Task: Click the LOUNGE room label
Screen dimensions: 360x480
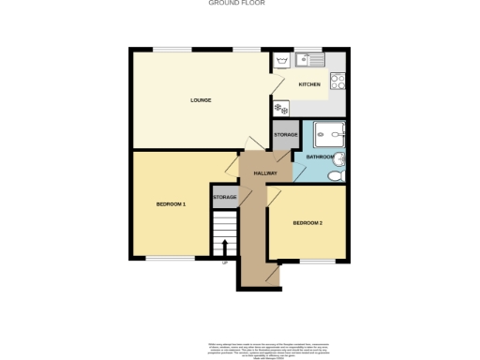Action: coord(200,100)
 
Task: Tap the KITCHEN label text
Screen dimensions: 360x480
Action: coord(309,84)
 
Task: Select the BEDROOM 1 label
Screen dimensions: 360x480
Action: coord(171,204)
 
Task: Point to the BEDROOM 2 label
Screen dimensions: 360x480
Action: coord(307,222)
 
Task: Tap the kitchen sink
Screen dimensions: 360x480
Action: coord(307,60)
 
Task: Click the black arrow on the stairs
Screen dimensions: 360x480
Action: coord(224,247)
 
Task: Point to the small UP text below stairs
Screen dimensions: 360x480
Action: coord(224,262)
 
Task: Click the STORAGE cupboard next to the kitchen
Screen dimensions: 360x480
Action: coord(285,135)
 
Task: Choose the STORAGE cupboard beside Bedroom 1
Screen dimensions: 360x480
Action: coord(224,197)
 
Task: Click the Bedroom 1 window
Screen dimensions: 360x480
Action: coord(170,257)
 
